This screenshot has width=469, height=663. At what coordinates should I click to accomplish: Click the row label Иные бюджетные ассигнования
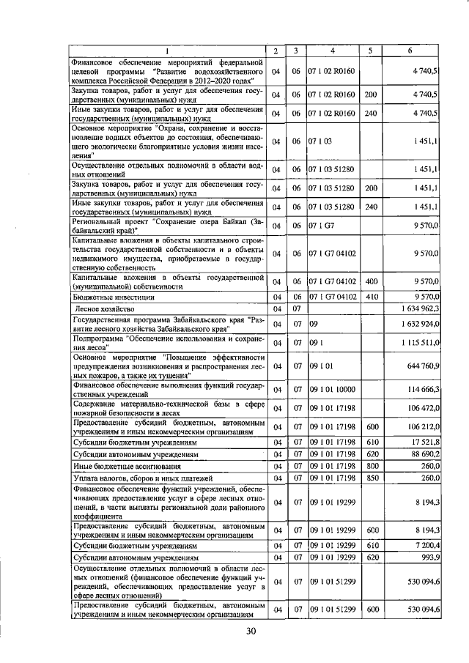tap(122, 467)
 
